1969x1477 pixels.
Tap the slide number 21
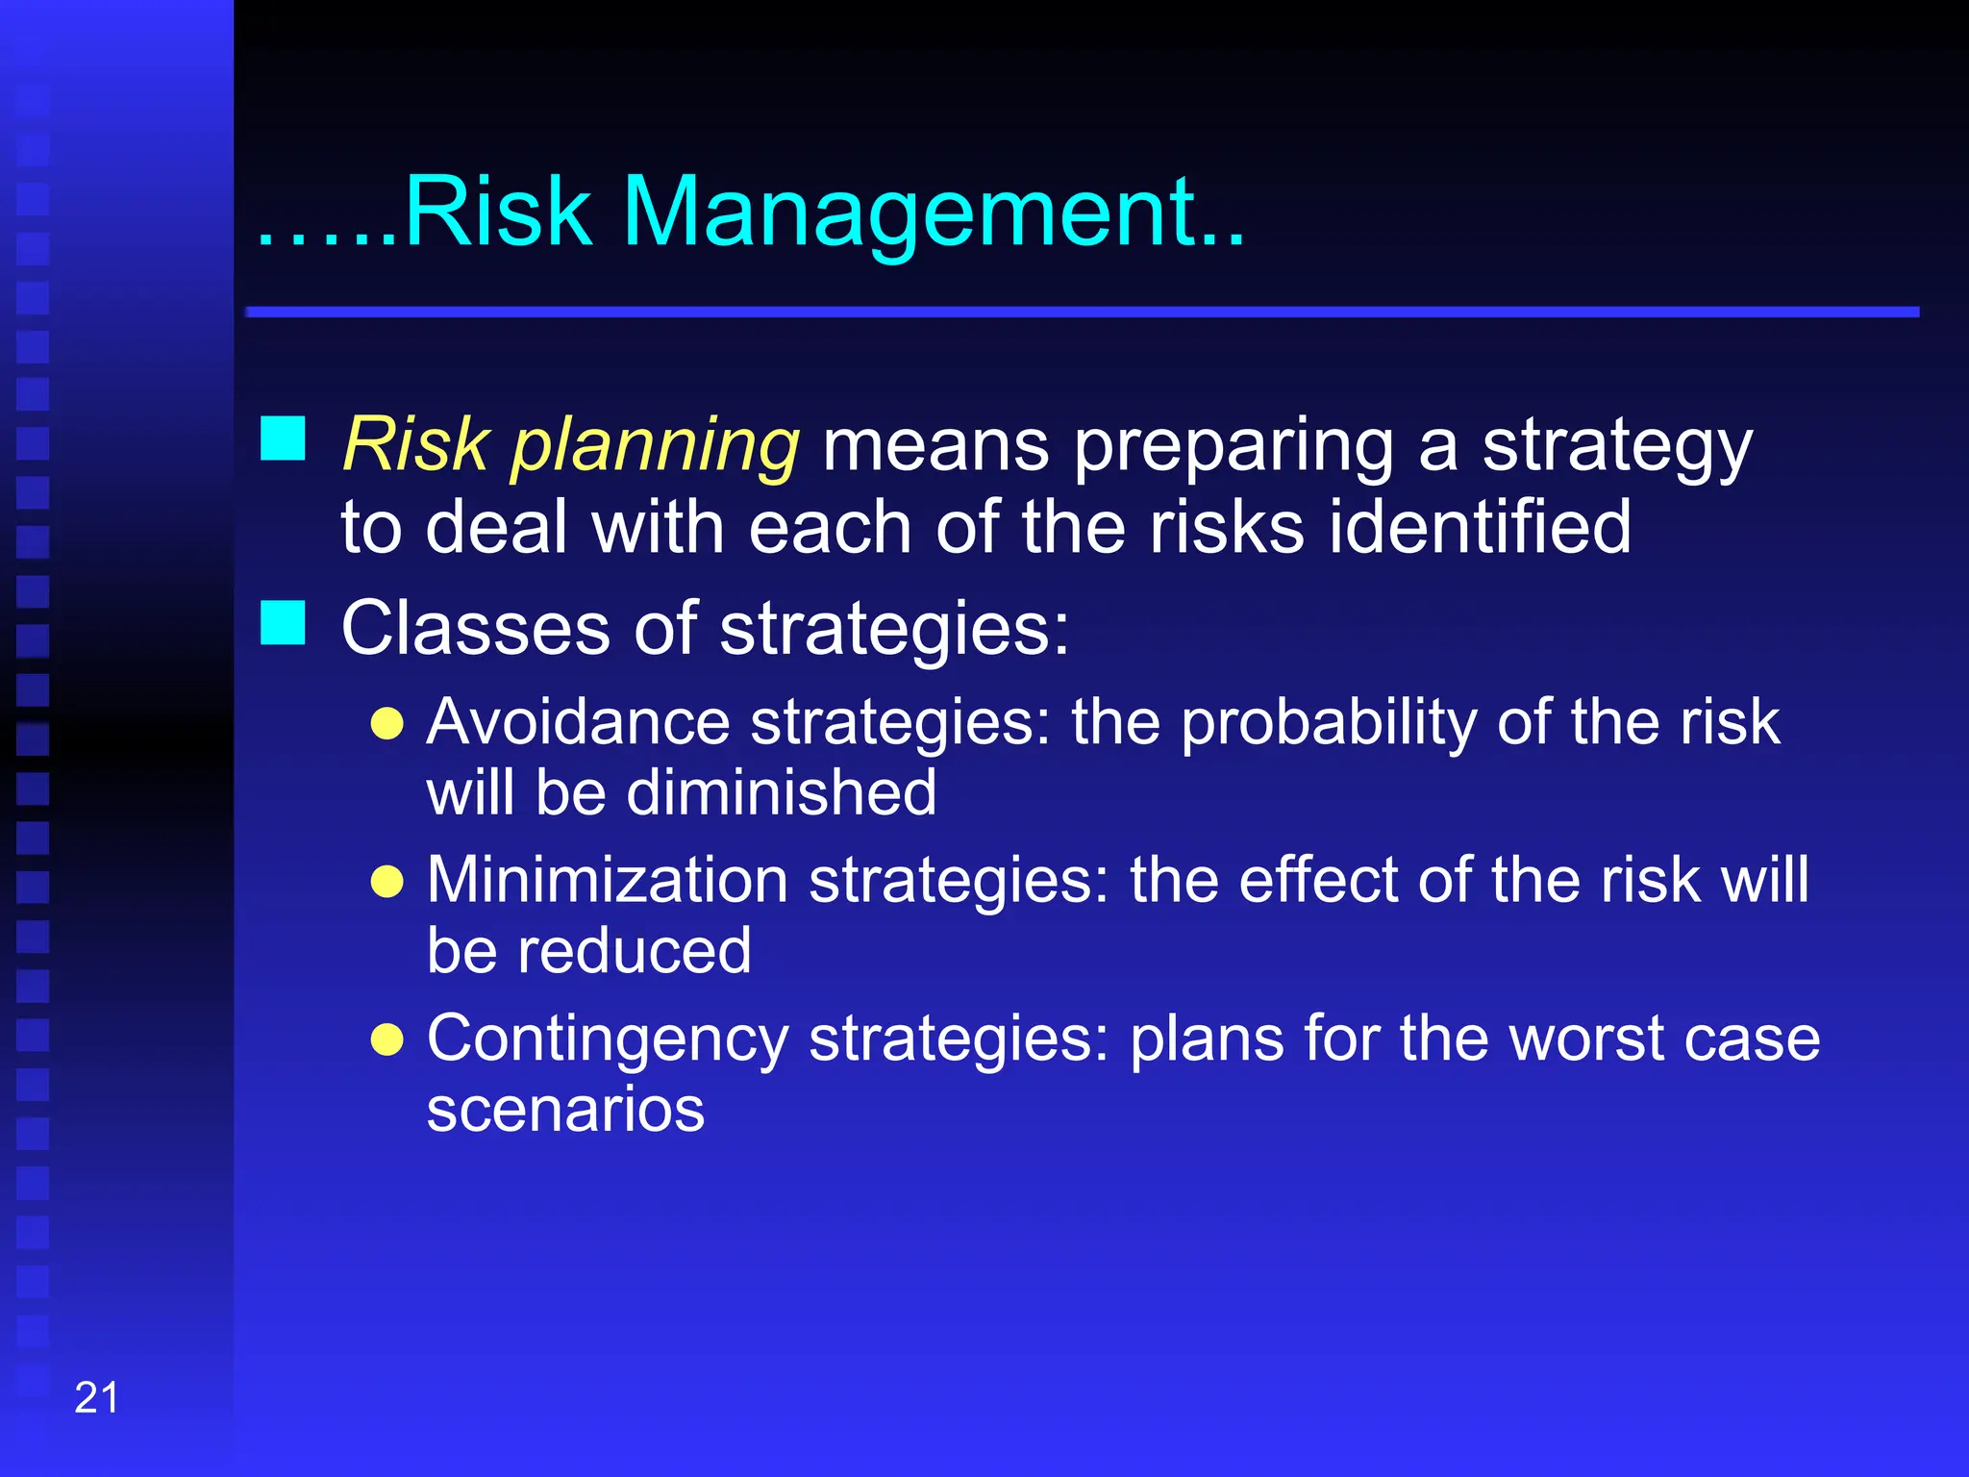[96, 1397]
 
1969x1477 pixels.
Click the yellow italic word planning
[654, 446]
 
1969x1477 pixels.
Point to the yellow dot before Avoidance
[386, 723]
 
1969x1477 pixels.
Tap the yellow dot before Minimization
[386, 881]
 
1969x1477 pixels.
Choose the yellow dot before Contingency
[386, 1039]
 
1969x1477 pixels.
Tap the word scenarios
[565, 1110]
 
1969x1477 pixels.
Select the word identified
[1480, 527]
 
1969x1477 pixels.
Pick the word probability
[1328, 723]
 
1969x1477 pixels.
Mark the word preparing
[1234, 446]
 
